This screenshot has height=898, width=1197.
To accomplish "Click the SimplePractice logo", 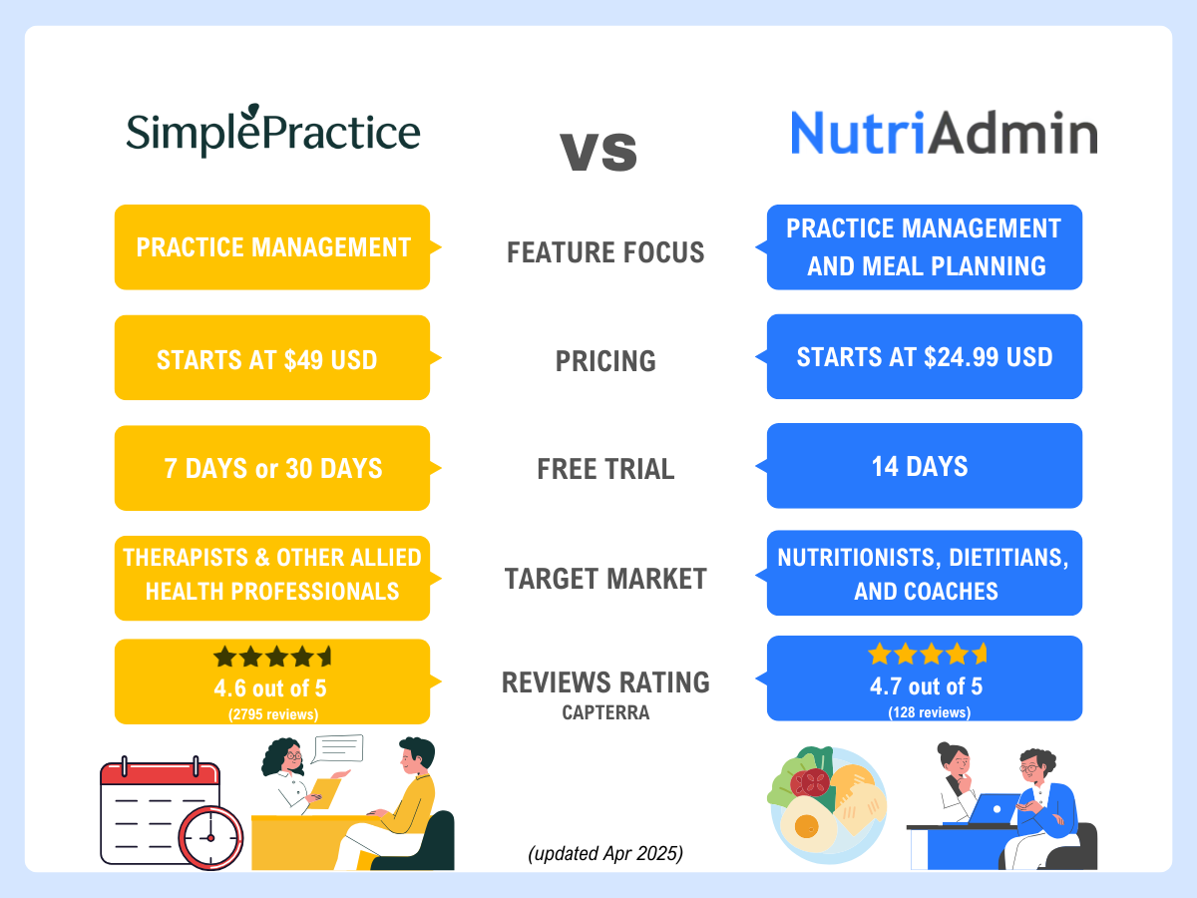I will coord(272,133).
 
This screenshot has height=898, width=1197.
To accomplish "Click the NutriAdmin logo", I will coord(944,133).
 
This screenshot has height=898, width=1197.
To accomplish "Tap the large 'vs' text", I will coord(598,150).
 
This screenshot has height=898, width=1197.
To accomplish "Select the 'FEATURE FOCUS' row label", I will coord(605,253).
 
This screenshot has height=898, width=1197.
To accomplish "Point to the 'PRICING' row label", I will coord(605,361).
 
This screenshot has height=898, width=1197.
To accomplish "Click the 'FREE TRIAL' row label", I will coord(605,469).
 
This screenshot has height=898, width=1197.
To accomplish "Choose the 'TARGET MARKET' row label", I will coord(605,579).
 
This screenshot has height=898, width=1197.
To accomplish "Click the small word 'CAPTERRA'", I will coord(605,712).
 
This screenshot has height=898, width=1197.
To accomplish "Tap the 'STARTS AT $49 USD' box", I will coord(272,358).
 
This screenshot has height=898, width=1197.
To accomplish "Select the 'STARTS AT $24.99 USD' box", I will coord(925,356).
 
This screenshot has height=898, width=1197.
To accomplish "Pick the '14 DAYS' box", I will coord(925,466).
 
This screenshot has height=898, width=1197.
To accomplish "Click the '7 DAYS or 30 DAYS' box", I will coord(272,468).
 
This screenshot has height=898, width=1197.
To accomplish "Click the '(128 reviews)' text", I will coord(925,711).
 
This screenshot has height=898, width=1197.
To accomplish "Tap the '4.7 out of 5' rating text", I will coord(925,686).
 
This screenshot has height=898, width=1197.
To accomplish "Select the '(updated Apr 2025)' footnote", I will coord(605,854).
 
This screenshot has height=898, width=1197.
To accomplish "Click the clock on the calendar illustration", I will coord(210,835).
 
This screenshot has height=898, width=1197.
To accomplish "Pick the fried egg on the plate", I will coord(809,824).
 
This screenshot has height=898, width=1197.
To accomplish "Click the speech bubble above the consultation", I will coord(337,748).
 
